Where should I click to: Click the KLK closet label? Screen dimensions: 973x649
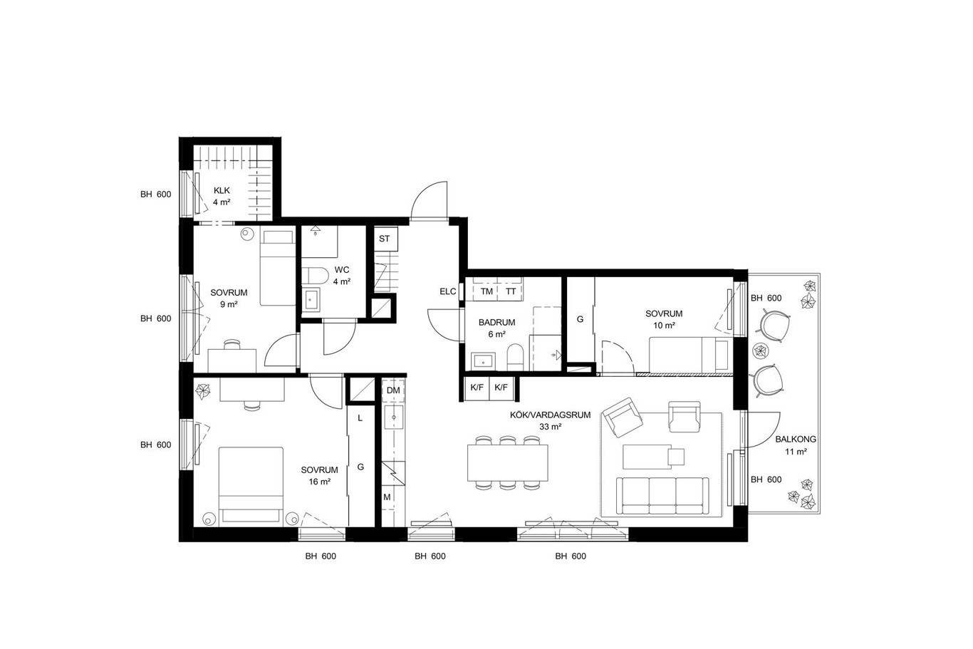pyautogui.click(x=222, y=190)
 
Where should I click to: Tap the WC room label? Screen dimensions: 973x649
pyautogui.click(x=342, y=270)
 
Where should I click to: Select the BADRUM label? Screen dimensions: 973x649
pyautogui.click(x=496, y=322)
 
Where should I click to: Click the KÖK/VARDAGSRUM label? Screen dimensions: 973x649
pyautogui.click(x=550, y=415)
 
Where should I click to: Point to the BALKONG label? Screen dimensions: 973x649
pyautogui.click(x=796, y=439)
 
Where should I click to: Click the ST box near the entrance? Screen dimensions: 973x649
pyautogui.click(x=385, y=239)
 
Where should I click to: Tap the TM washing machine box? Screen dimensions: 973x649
pyautogui.click(x=486, y=291)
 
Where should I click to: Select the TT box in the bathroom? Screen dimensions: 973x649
pyautogui.click(x=511, y=291)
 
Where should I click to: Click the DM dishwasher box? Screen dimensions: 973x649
pyautogui.click(x=393, y=390)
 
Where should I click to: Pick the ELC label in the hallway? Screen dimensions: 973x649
pyautogui.click(x=448, y=291)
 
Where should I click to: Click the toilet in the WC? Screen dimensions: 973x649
pyautogui.click(x=315, y=276)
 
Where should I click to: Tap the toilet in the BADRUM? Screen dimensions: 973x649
pyautogui.click(x=515, y=356)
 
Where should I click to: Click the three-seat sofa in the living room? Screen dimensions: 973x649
pyautogui.click(x=662, y=496)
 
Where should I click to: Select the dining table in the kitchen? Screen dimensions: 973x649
pyautogui.click(x=507, y=462)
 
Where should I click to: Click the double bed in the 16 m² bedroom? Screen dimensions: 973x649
pyautogui.click(x=251, y=484)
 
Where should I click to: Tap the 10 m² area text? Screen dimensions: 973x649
pyautogui.click(x=664, y=326)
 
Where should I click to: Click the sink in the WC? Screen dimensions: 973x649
pyautogui.click(x=311, y=299)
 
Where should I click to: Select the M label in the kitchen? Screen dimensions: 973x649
pyautogui.click(x=387, y=497)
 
